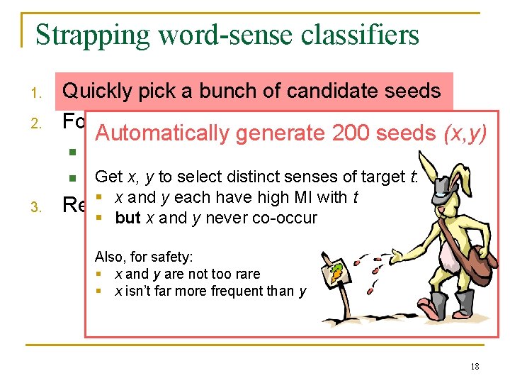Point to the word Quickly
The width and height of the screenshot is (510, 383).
click(95, 91)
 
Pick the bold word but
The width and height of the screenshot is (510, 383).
click(127, 218)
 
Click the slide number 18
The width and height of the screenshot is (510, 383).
click(474, 366)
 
